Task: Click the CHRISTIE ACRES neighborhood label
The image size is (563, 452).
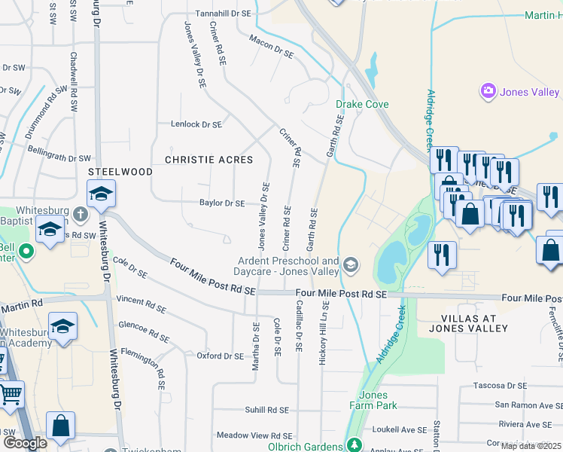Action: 208,160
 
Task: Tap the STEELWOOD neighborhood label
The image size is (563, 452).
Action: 120,172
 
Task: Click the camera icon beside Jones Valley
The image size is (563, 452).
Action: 488,91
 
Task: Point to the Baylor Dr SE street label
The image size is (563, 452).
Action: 222,203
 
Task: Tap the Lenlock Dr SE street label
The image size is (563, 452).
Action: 196,124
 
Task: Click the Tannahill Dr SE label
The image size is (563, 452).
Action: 224,14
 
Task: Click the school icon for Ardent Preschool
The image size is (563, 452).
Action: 351,265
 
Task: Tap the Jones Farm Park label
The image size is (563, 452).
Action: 373,400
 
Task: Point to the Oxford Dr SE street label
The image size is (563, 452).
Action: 221,356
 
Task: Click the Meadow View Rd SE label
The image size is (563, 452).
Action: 254,435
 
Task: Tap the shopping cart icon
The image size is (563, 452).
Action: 11,393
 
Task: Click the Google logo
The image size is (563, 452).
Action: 25,442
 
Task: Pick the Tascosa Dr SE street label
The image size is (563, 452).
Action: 498,386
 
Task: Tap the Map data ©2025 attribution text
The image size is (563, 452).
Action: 531,446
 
